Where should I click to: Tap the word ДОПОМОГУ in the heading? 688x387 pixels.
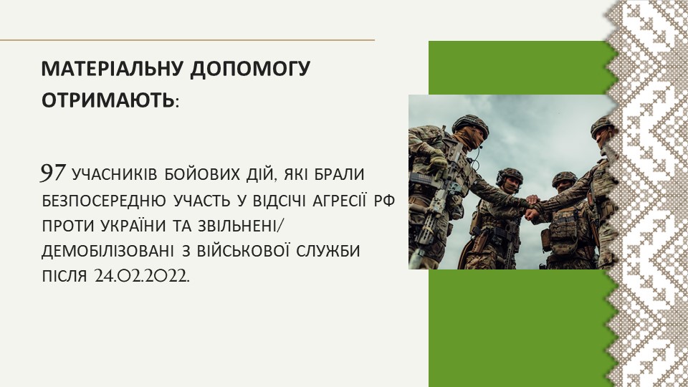point(251,70)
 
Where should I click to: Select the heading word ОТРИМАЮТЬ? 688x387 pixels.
point(108,100)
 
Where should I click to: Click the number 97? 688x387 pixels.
point(53,173)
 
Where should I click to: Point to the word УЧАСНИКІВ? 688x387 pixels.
point(115,175)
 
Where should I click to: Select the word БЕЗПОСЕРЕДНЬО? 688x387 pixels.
point(105,201)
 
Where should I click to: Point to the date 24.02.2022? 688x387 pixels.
point(142,277)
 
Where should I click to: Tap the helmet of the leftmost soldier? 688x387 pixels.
point(470,124)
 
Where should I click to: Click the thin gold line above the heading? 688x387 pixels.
point(187,40)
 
